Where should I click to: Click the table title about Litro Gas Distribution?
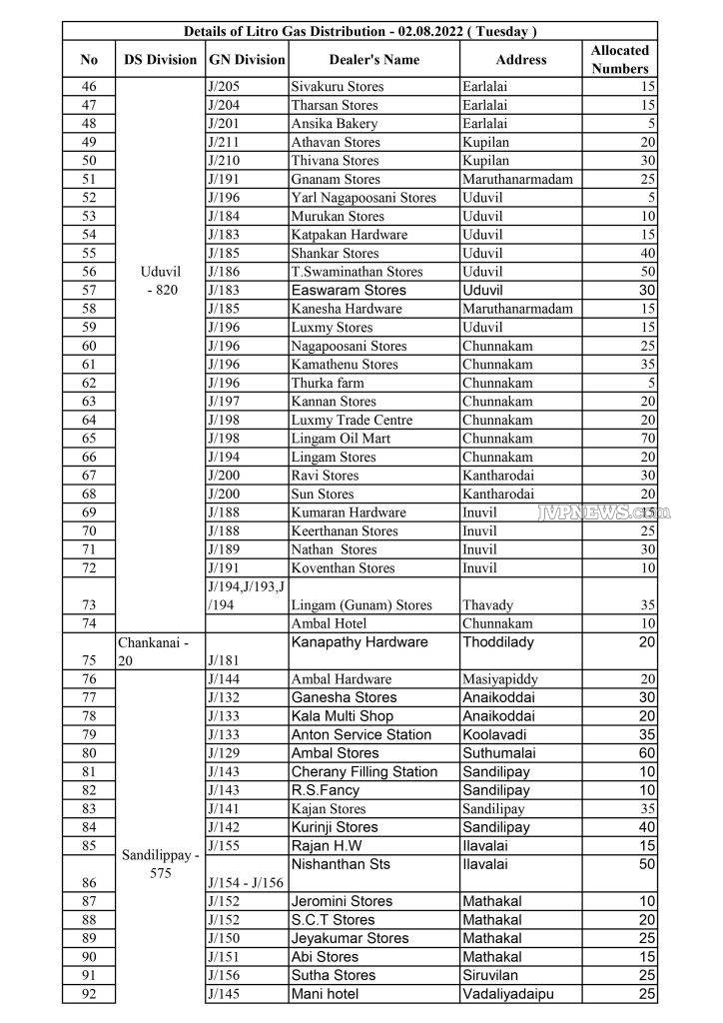click(361, 31)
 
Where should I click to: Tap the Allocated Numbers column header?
click(619, 59)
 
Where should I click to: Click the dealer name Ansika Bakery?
click(335, 124)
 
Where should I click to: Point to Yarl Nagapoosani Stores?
click(363, 198)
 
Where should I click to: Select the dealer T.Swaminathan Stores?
click(357, 272)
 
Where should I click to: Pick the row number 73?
click(89, 604)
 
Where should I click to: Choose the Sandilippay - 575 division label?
click(160, 864)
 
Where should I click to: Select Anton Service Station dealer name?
click(361, 734)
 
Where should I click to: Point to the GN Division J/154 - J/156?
click(246, 882)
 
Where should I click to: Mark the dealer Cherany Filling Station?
click(364, 771)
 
